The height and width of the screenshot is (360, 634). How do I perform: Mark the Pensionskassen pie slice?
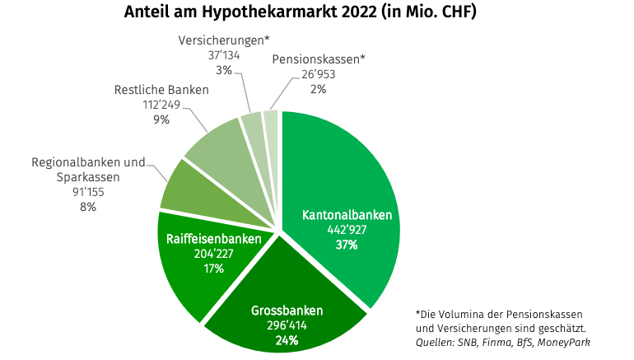click(x=271, y=120)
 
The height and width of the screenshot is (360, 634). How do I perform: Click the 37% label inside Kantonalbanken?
click(x=346, y=245)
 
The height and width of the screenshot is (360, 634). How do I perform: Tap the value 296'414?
click(x=287, y=325)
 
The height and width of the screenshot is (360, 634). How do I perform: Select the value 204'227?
click(x=213, y=254)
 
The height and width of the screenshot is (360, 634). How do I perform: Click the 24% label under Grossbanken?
click(x=287, y=340)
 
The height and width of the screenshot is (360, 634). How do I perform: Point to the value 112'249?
click(x=161, y=105)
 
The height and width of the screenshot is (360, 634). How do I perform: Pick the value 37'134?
click(x=224, y=55)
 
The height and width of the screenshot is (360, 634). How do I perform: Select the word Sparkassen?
click(x=88, y=177)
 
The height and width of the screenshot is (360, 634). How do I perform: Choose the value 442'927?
click(x=346, y=230)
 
